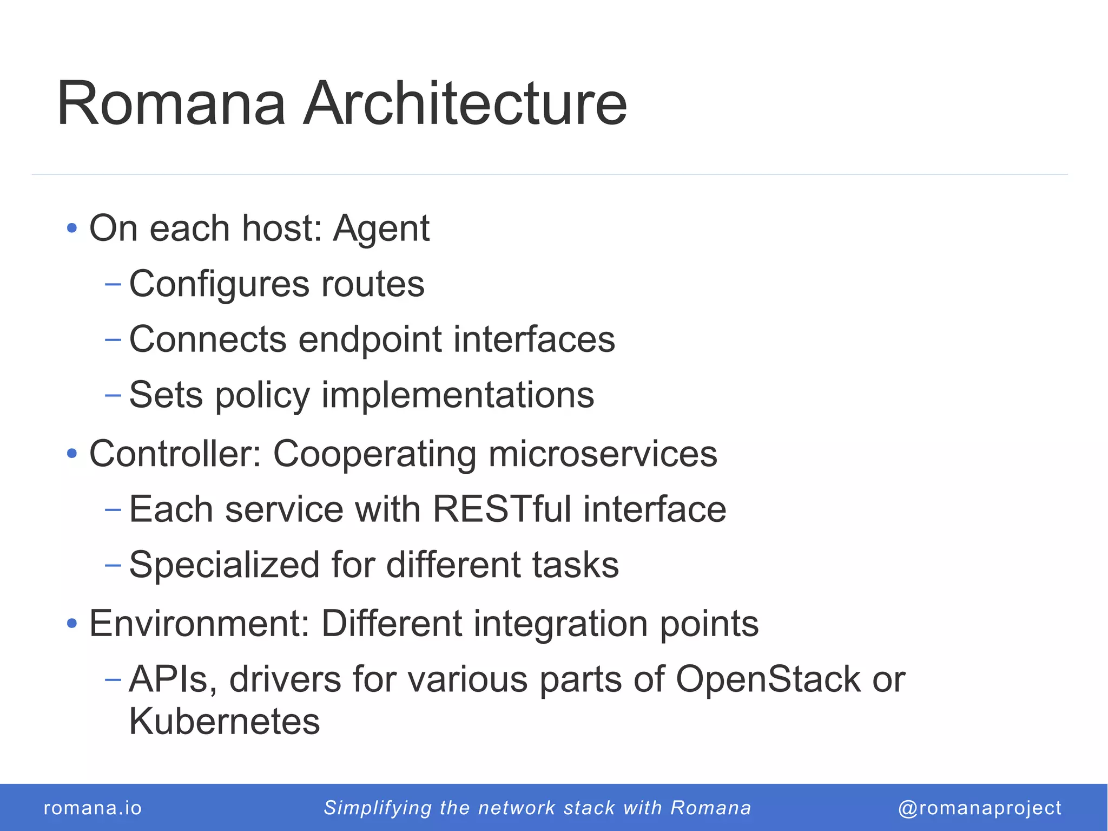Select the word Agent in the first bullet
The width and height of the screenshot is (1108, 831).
[381, 228]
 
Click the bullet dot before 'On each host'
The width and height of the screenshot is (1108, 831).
[72, 228]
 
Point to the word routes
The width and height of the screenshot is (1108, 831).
[373, 284]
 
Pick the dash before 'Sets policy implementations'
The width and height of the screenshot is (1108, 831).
[113, 395]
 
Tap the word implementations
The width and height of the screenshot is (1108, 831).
[458, 395]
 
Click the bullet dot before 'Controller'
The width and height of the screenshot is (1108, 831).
[72, 453]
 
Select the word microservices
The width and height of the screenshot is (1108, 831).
[603, 454]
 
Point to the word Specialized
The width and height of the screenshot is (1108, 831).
[225, 565]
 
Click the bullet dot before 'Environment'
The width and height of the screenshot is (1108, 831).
[72, 624]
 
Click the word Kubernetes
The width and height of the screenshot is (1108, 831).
[225, 722]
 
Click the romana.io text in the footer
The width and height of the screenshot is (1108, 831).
[93, 808]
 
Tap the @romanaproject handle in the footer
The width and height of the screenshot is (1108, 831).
[979, 808]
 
